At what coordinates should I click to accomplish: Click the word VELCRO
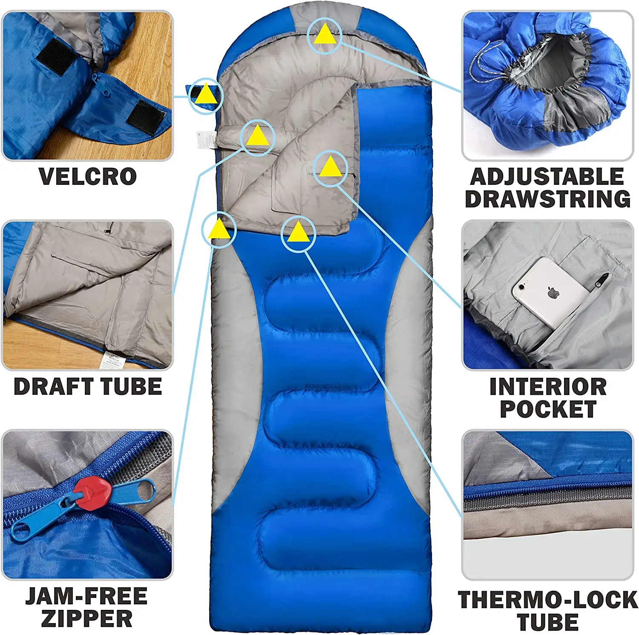[88, 176]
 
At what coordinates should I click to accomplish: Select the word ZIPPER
[86, 619]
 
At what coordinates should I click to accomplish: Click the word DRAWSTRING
[548, 199]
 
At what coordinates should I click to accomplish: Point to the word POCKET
[548, 409]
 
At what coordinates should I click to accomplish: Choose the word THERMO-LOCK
[548, 600]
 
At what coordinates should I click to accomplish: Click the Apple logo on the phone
[553, 293]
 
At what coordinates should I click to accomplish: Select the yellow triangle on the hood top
[325, 34]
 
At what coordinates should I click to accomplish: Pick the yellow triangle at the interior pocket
[330, 167]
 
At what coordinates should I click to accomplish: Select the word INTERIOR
[548, 387]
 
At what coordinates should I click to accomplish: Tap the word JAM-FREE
[86, 596]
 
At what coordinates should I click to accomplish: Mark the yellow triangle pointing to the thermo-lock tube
[298, 232]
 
